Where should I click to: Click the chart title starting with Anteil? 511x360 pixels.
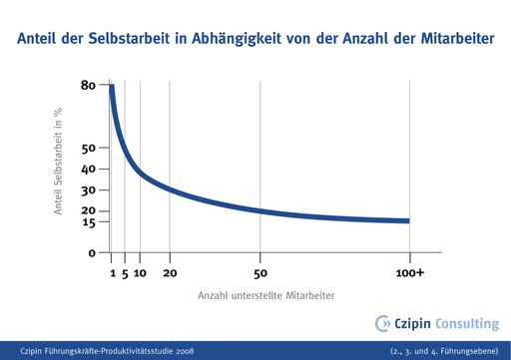[255, 41]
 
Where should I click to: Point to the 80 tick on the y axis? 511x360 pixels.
[88, 86]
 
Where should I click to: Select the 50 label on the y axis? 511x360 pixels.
[88, 149]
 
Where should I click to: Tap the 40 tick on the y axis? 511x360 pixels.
[88, 170]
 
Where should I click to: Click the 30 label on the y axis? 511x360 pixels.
[88, 190]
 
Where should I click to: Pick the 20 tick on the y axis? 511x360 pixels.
[88, 210]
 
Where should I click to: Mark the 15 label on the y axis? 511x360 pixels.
[88, 221]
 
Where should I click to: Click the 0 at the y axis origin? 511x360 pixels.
[91, 253]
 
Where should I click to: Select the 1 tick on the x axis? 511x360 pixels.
[112, 272]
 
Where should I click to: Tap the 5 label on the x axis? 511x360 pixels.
[125, 272]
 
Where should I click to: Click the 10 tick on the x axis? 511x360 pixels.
[141, 272]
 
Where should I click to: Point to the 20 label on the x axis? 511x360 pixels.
[170, 272]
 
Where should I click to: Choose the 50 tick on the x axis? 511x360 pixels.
[260, 272]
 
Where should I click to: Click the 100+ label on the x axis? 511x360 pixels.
[410, 272]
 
